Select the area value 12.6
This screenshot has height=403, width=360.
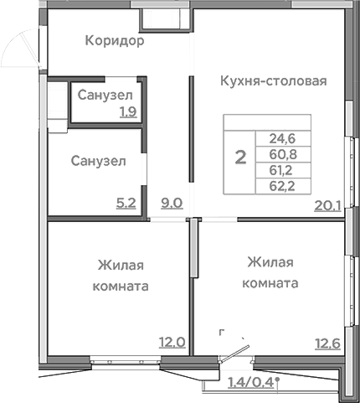tap(327, 342)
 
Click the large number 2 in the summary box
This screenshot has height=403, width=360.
tap(241, 157)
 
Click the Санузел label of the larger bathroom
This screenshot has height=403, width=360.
tap(98, 161)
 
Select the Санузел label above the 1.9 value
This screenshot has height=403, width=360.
tap(105, 96)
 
